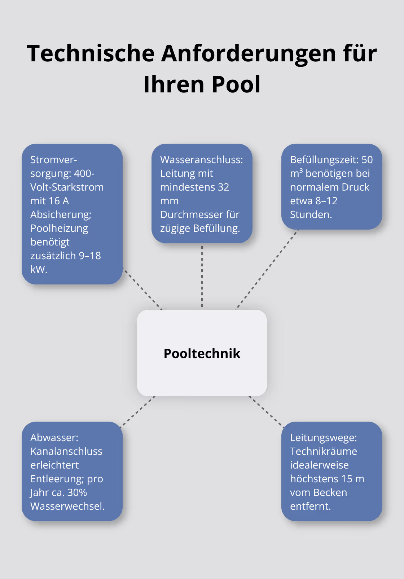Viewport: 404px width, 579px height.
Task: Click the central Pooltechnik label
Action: [202, 353]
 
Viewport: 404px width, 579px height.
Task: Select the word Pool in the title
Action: [236, 84]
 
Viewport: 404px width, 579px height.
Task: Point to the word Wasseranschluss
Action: [201, 160]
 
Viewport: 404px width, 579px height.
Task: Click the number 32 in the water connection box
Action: [223, 187]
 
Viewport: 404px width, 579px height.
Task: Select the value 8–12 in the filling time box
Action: [326, 201]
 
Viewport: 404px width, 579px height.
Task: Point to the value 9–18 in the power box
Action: [90, 256]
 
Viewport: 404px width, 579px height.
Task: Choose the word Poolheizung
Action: [59, 228]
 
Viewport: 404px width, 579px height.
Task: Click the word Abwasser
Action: [54, 437]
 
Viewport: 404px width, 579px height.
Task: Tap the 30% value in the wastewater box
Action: [77, 492]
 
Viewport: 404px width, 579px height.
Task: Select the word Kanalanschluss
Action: [66, 451]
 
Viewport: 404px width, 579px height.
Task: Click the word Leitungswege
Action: [323, 437]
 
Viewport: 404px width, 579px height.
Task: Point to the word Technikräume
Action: [323, 451]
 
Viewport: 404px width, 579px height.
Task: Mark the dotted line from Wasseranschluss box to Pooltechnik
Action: [202, 276]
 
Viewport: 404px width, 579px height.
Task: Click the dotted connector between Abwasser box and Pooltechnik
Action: [138, 412]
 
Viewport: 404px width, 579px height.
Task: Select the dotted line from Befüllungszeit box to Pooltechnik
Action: [267, 269]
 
